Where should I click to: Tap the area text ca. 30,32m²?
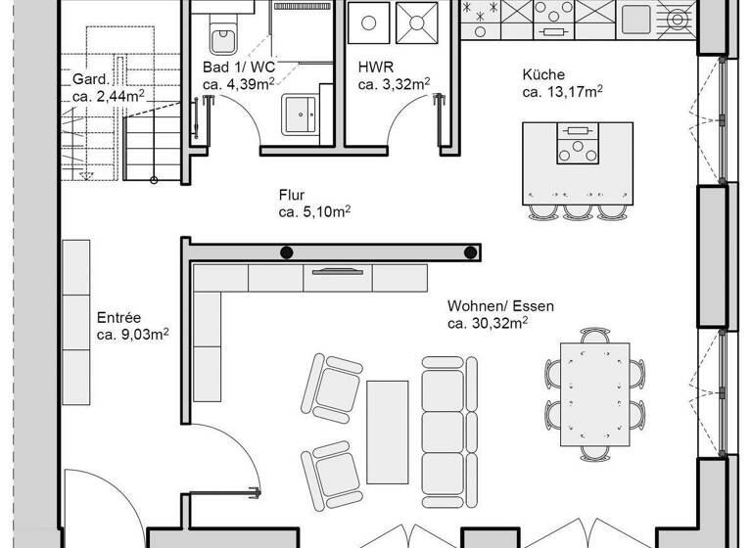coord(488,323)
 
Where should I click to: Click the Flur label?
coord(291,195)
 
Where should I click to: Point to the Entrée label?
coord(118,318)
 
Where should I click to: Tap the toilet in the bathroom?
coord(222,29)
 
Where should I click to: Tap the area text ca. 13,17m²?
coord(562,93)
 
